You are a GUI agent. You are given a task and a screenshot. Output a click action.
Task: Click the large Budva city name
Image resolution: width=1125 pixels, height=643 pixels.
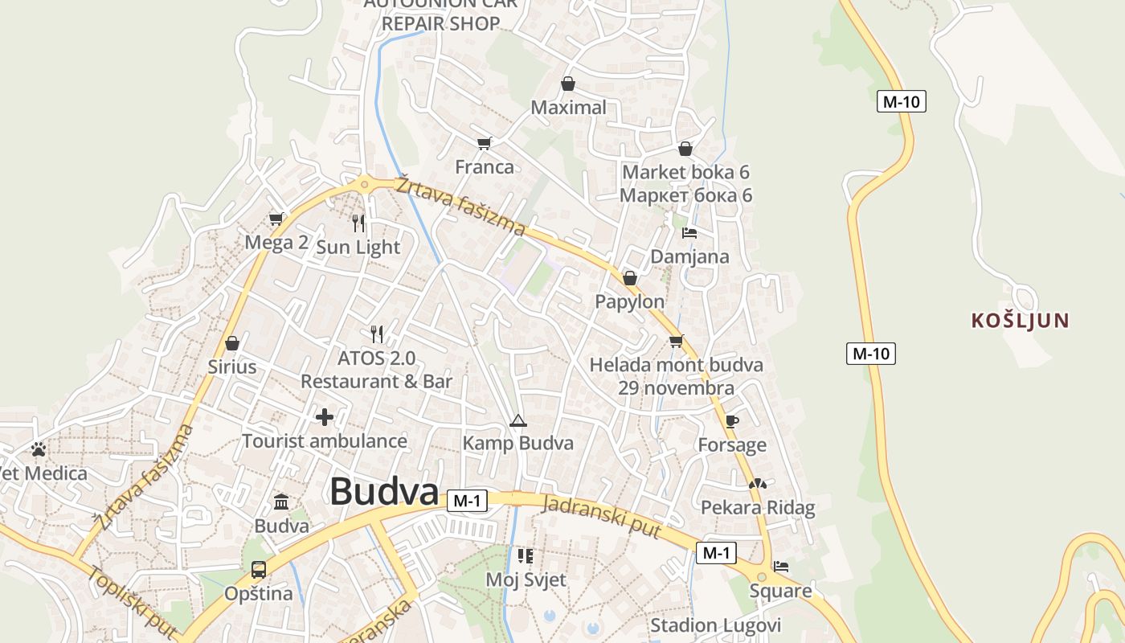(x=384, y=492)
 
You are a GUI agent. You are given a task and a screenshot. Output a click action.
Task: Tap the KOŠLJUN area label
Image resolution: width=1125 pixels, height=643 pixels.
(x=1020, y=321)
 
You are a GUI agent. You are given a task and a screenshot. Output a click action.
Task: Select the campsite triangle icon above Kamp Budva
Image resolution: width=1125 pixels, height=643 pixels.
(x=517, y=420)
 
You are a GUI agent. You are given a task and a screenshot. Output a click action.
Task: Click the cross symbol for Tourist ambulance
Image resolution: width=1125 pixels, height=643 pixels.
(x=325, y=417)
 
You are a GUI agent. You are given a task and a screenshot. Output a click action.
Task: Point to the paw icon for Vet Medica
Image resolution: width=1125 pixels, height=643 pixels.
(x=39, y=449)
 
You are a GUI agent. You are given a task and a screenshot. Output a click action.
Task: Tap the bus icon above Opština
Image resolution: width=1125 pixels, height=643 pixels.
(x=258, y=570)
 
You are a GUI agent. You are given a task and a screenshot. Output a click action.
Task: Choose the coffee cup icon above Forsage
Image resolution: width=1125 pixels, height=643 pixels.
(x=731, y=420)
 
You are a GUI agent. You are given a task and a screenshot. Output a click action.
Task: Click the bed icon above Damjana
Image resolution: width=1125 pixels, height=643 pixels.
(x=689, y=233)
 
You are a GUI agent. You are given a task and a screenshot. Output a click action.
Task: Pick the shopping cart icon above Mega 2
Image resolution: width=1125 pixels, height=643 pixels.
(x=276, y=219)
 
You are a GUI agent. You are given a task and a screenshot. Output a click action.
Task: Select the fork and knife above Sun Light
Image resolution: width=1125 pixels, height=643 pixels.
(x=358, y=223)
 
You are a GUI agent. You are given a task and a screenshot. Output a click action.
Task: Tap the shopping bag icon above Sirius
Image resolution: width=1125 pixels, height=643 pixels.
(x=232, y=343)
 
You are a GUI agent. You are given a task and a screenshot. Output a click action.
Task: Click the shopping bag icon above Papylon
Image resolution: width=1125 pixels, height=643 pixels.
(x=629, y=278)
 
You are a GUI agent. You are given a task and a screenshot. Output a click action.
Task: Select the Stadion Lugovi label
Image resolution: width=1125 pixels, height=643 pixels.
(x=715, y=625)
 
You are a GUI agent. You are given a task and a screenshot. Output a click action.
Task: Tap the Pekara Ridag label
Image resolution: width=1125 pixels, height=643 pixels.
(x=758, y=508)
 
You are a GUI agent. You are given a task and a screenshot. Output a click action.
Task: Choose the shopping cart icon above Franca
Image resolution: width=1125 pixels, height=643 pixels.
(x=484, y=143)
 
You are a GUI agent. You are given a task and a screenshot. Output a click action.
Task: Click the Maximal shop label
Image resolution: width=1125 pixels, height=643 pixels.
(x=568, y=108)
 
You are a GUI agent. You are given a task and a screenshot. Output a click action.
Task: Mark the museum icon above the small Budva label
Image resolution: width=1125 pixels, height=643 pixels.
(x=281, y=502)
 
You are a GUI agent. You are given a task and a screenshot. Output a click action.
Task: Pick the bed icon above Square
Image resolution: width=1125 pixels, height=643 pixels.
(x=780, y=567)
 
